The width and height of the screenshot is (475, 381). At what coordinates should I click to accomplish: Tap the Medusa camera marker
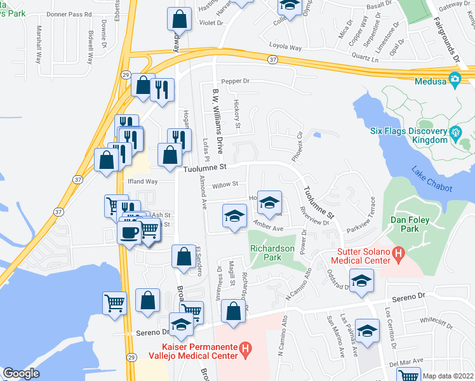pos(455,79)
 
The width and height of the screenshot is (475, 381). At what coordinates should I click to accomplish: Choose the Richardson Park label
pos(274,253)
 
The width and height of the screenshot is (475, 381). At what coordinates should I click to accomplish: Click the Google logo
pos(20,373)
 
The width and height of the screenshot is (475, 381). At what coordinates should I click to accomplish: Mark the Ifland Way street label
pos(142,182)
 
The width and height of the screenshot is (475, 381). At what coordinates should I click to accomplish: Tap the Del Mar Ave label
pos(406,361)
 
